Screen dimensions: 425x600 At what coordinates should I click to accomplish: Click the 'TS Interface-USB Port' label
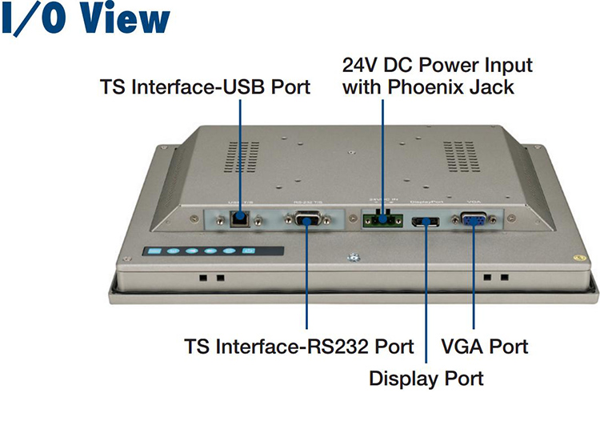click(205, 86)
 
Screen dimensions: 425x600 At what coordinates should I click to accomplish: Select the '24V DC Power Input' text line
click(438, 63)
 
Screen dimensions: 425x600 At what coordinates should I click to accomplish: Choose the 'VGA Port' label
click(485, 347)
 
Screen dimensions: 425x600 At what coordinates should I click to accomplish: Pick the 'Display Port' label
click(426, 376)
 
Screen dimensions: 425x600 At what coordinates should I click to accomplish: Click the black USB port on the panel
click(238, 217)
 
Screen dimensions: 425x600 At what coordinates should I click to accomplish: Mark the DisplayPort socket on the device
click(425, 220)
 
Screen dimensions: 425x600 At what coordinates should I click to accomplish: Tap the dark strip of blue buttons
click(200, 252)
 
